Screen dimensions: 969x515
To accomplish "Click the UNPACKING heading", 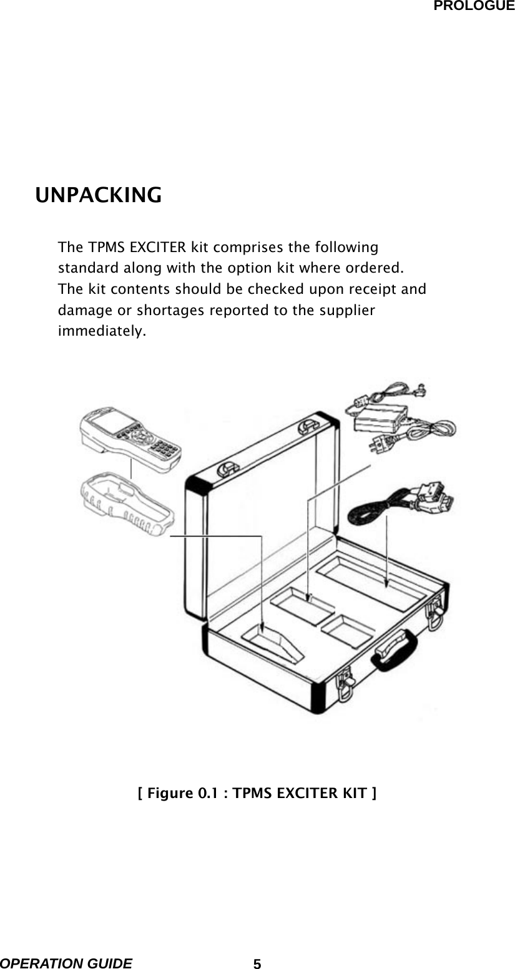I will pyautogui.click(x=99, y=195).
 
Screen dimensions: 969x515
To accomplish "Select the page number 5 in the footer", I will pyautogui.click(x=257, y=963).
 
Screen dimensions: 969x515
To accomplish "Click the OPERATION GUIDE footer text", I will pyautogui.click(x=66, y=963).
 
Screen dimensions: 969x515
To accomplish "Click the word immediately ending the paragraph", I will pyautogui.click(x=102, y=331).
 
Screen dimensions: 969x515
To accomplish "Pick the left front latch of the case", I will pyautogui.click(x=345, y=684).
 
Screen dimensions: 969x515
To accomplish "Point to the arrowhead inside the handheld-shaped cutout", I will pyautogui.click(x=263, y=630).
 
